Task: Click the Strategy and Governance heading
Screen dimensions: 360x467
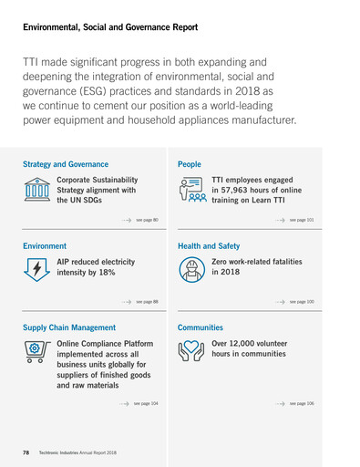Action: (72, 164)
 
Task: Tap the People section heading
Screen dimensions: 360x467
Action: (190, 164)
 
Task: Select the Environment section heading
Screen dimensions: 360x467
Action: (45, 246)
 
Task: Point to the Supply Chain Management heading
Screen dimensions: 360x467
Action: (69, 327)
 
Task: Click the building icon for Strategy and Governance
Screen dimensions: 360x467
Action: (37, 191)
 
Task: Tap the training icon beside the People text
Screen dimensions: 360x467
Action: (193, 192)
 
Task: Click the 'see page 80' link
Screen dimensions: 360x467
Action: (147, 221)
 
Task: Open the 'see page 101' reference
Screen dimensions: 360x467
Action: (302, 221)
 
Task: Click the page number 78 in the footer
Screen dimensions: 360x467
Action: (27, 452)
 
